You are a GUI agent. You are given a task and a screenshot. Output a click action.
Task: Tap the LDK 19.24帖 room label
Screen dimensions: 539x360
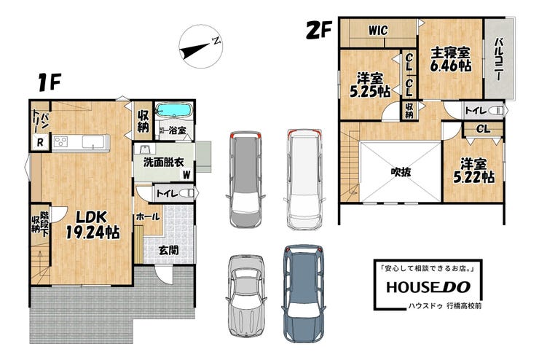pos(93,225)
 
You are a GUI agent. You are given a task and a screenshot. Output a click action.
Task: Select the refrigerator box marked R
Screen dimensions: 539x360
pos(40,142)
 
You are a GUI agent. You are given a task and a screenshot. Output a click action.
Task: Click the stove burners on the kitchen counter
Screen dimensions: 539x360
pos(61,141)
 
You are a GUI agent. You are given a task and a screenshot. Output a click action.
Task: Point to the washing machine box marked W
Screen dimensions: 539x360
pos(186,175)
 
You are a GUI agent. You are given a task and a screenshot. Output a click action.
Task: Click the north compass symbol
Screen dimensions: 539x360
pos(201,47)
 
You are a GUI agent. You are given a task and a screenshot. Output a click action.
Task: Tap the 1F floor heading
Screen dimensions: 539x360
pos(49,82)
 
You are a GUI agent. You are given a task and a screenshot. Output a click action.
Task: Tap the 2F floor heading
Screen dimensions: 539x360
pos(318,31)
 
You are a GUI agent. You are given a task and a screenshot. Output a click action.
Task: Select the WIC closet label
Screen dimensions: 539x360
pos(378,31)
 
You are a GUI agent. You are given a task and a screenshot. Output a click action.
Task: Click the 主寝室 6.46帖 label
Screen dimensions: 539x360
pos(451,59)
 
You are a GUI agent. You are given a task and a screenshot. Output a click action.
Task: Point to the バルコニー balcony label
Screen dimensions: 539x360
pos(499,60)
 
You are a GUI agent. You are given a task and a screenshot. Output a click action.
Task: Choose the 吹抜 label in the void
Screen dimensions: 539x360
pos(401,171)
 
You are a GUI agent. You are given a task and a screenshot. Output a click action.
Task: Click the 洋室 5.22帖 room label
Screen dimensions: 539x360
pos(474,171)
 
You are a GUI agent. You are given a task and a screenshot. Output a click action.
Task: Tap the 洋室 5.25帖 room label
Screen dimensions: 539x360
pos(370,85)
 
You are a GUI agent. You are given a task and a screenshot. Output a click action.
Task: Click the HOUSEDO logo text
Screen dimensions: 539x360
pos(428,287)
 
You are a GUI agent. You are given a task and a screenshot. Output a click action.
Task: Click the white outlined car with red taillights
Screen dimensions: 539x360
pos(305,179)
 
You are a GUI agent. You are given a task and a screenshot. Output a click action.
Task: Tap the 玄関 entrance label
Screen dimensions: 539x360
pos(168,250)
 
